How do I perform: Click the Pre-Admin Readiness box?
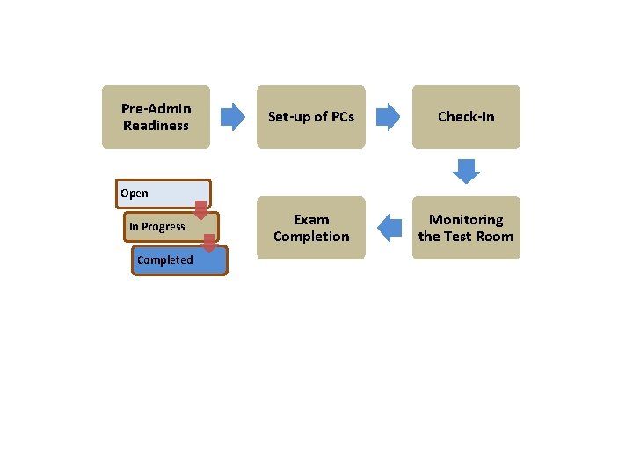point(156,116)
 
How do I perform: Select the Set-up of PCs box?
point(310,116)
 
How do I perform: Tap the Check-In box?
point(466,116)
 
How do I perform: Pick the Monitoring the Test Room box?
point(466,228)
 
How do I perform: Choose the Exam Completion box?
point(310,228)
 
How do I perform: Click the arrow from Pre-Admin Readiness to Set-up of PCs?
point(232,116)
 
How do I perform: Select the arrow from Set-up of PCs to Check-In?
point(388,116)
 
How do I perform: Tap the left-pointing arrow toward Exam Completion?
point(389,228)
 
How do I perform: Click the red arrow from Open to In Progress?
point(200,210)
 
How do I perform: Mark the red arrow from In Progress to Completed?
point(209,243)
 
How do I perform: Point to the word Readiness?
point(156,126)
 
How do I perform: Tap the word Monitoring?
point(466,219)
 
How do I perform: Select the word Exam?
point(311,219)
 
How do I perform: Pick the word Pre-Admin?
point(156,108)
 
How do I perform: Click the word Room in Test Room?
point(494,237)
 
